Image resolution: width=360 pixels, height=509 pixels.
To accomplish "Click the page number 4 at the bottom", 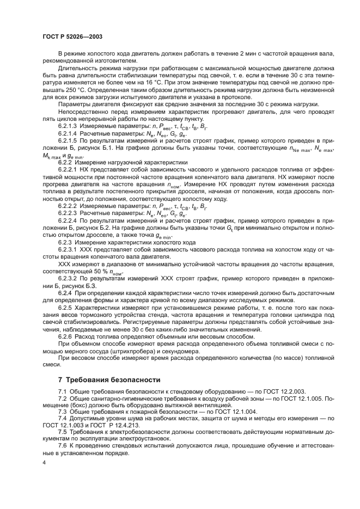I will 44,462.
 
